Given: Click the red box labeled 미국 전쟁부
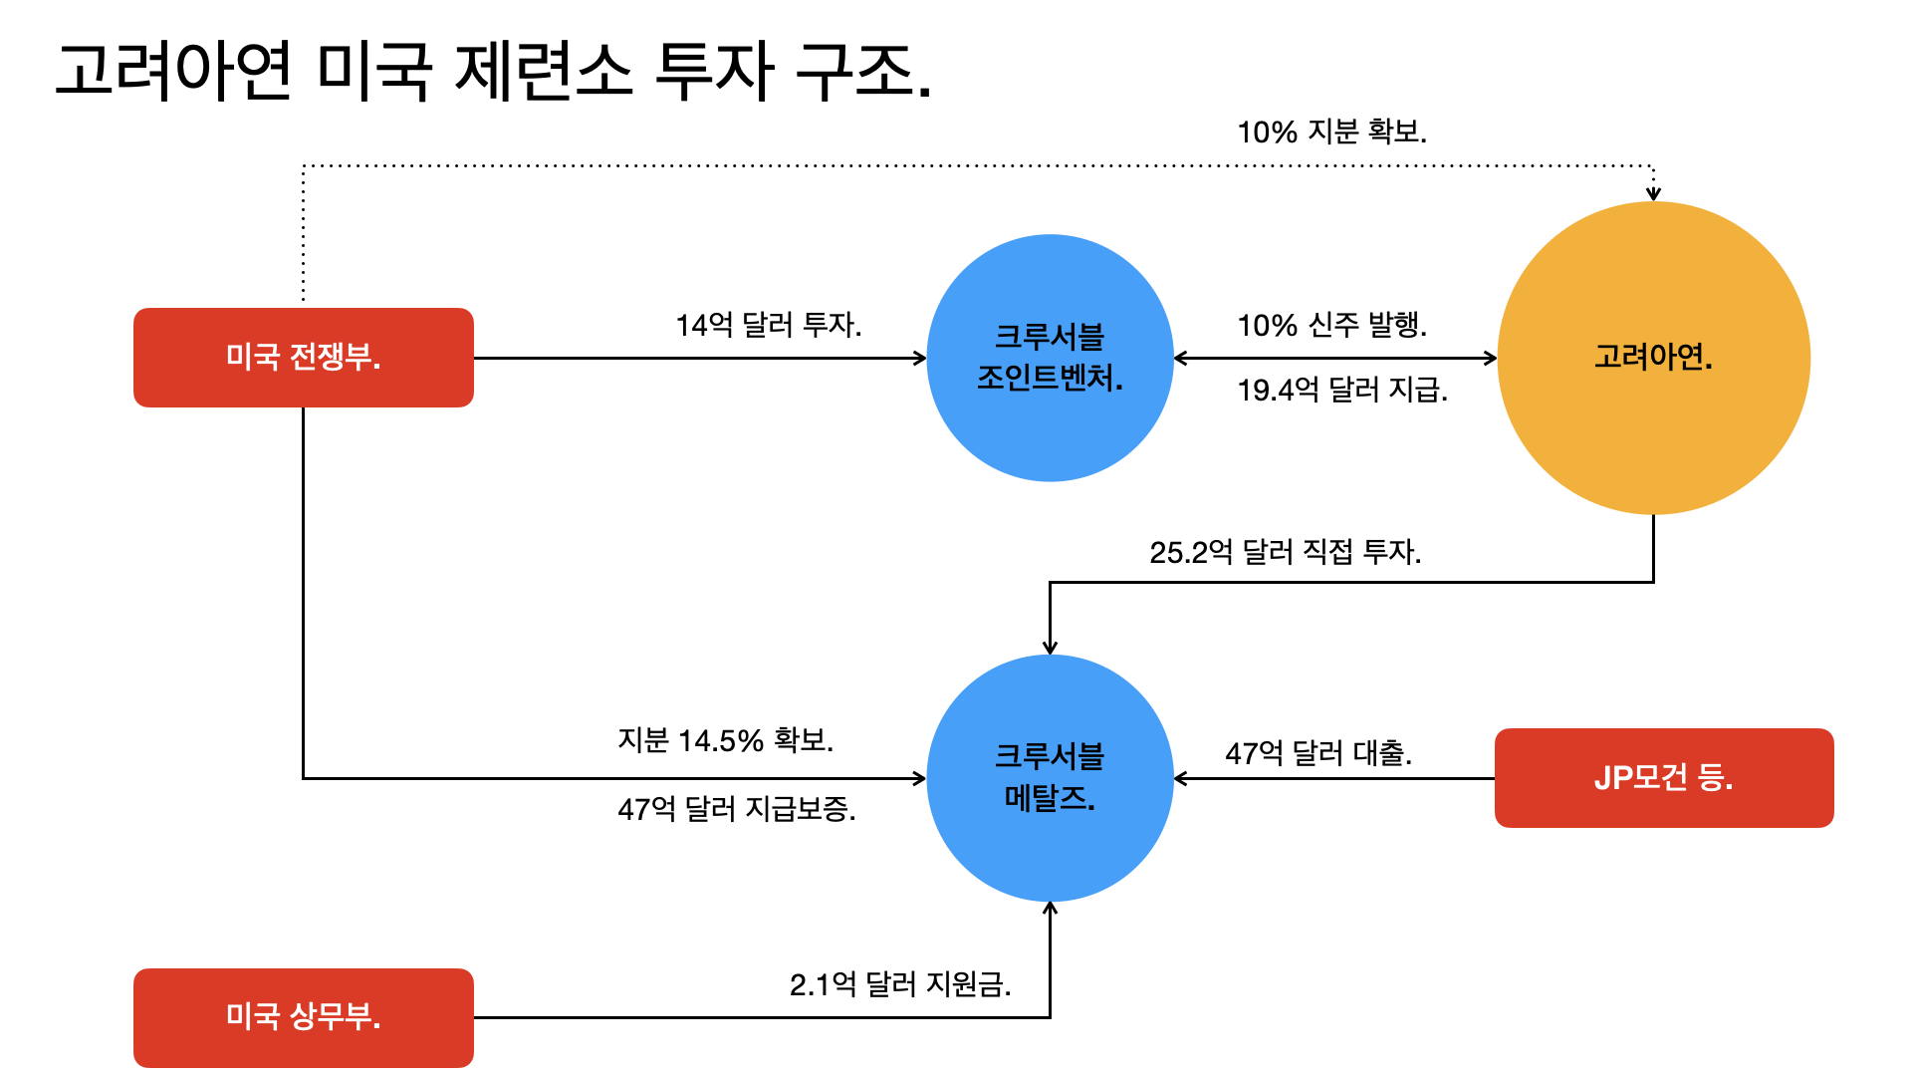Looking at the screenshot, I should [304, 357].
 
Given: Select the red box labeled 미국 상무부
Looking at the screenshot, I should [304, 1017].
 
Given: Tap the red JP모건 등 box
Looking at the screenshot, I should [1663, 777].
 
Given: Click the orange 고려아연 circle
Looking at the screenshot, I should [1653, 357].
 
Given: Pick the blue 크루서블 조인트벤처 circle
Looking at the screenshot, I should [1050, 357].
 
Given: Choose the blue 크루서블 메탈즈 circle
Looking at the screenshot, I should [1050, 777].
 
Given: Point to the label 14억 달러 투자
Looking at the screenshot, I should [768, 325].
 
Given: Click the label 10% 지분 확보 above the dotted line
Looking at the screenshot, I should [1331, 132].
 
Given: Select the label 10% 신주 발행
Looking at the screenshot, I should [1331, 325].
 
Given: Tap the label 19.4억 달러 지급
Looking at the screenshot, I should [1341, 390].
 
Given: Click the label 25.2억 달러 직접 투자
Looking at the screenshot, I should [1285, 552].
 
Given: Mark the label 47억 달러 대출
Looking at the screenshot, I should [1317, 753].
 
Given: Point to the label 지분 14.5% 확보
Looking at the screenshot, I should [725, 740].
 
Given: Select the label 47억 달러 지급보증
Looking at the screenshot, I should [736, 808].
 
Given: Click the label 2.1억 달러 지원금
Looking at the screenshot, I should [899, 984].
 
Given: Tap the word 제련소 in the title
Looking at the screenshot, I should [544, 72].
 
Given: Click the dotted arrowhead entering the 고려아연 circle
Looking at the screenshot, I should [1653, 194].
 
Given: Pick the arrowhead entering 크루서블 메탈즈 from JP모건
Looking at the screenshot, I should [1181, 778].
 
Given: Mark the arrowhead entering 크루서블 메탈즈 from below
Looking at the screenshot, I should [1050, 908].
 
